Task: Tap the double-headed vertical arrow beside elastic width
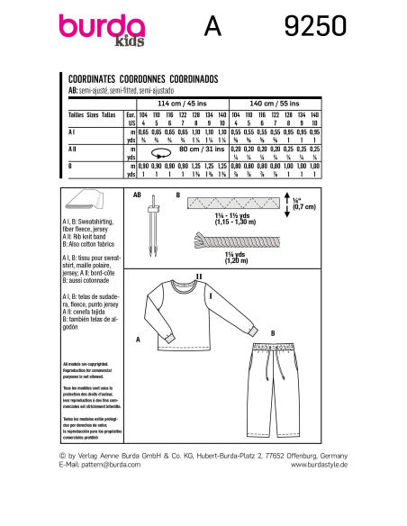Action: point(298,205)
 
